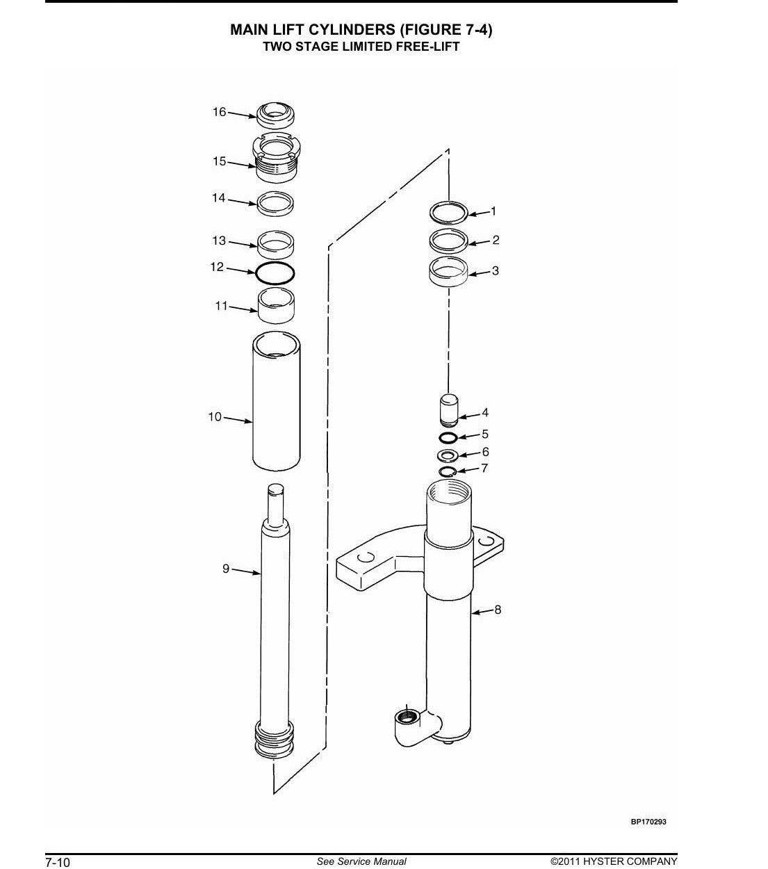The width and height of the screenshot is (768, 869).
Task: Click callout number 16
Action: point(219,112)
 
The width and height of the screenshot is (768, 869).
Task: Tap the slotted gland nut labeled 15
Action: point(276,158)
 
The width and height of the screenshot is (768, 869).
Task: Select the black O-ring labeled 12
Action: point(275,273)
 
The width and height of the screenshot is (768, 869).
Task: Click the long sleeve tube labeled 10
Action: point(276,401)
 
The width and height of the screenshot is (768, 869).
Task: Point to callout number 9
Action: point(226,569)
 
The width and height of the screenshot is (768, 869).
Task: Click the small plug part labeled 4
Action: point(449,411)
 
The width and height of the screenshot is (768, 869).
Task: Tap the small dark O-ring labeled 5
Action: point(448,437)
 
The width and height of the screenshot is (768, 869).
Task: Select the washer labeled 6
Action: point(448,454)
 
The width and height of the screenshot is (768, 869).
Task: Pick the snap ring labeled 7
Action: point(448,472)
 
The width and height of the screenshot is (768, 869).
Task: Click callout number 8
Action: point(498,610)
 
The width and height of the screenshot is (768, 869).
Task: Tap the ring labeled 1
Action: point(448,213)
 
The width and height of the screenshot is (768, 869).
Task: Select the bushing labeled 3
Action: point(448,271)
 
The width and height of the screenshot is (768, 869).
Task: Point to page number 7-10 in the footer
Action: point(58,850)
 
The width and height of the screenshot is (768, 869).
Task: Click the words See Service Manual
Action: point(361,850)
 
